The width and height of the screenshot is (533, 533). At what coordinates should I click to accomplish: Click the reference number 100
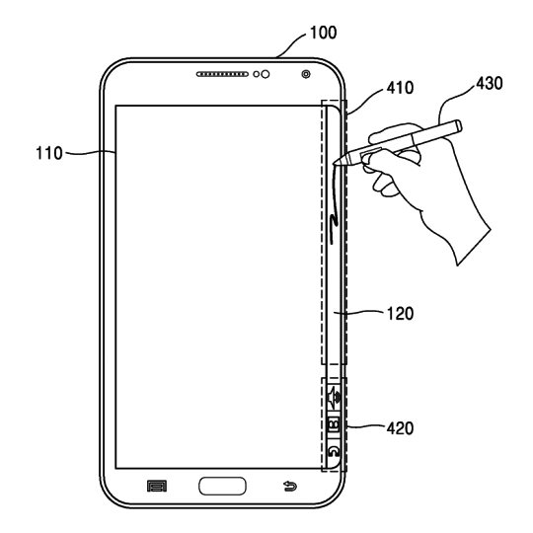[322, 33]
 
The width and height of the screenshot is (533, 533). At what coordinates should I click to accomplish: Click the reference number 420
[400, 427]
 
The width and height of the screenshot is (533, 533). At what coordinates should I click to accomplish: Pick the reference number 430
[488, 84]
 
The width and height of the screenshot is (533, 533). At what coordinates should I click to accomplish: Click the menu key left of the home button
[154, 486]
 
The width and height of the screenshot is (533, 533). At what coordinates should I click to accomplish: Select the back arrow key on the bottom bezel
[290, 486]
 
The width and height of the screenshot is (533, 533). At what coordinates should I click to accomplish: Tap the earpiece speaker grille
[224, 74]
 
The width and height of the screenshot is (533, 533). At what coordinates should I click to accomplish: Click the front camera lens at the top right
[306, 75]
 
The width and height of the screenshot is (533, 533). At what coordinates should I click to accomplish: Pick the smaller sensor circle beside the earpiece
[257, 74]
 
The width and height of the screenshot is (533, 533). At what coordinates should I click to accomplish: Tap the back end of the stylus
[457, 124]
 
